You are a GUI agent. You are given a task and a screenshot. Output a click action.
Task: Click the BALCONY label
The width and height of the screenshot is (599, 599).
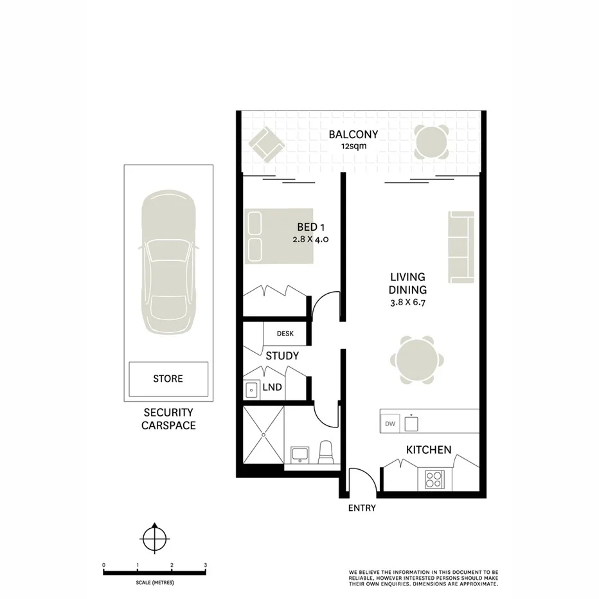click(353, 135)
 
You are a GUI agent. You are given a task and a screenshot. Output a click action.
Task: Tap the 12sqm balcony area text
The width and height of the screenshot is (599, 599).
click(353, 147)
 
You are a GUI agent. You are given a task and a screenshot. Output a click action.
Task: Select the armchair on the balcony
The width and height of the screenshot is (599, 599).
click(265, 144)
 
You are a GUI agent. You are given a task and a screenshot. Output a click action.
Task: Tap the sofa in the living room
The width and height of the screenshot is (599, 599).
click(461, 246)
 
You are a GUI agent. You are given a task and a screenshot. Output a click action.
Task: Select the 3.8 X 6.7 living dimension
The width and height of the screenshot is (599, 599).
click(407, 301)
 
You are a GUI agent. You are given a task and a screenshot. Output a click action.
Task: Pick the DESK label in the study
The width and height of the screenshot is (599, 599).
click(285, 334)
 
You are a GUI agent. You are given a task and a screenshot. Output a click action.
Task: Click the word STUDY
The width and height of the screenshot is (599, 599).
click(282, 355)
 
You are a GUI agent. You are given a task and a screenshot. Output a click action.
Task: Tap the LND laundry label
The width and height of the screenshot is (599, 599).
click(271, 388)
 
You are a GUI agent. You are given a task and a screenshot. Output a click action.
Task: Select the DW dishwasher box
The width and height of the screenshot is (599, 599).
click(389, 424)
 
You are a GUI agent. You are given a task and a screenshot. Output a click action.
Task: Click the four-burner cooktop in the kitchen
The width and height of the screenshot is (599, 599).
click(434, 479)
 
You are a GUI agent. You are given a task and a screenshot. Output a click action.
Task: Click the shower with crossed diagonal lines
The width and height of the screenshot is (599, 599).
click(263, 436)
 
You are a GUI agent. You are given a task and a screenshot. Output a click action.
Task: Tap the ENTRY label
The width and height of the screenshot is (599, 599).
click(361, 508)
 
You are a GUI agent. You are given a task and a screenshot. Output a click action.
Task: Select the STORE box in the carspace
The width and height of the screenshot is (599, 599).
click(168, 379)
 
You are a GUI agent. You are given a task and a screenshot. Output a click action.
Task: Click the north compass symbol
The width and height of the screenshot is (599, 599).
click(154, 537)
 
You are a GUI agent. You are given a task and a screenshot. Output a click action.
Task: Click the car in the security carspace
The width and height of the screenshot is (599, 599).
click(168, 264)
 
